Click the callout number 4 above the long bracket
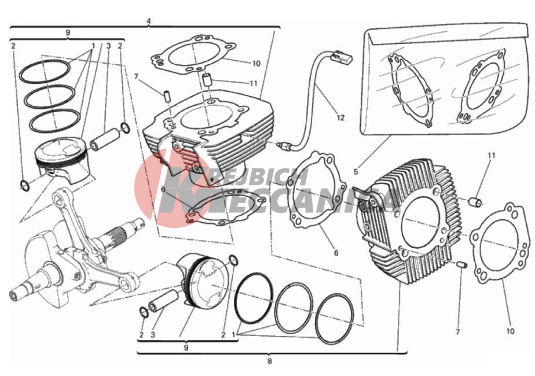coord(148,21)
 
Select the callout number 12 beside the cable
coord(340,117)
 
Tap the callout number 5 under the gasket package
coord(356,172)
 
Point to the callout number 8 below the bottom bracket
coord(270,361)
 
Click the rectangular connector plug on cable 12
coord(342,57)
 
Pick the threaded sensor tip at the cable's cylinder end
coord(283,146)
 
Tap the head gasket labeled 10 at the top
coord(193,54)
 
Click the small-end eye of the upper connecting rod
coord(60,198)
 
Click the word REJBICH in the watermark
coord(260,177)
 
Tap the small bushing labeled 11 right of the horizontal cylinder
coord(475,202)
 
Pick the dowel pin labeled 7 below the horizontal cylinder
coord(462,264)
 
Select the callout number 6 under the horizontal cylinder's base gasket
coord(336,253)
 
